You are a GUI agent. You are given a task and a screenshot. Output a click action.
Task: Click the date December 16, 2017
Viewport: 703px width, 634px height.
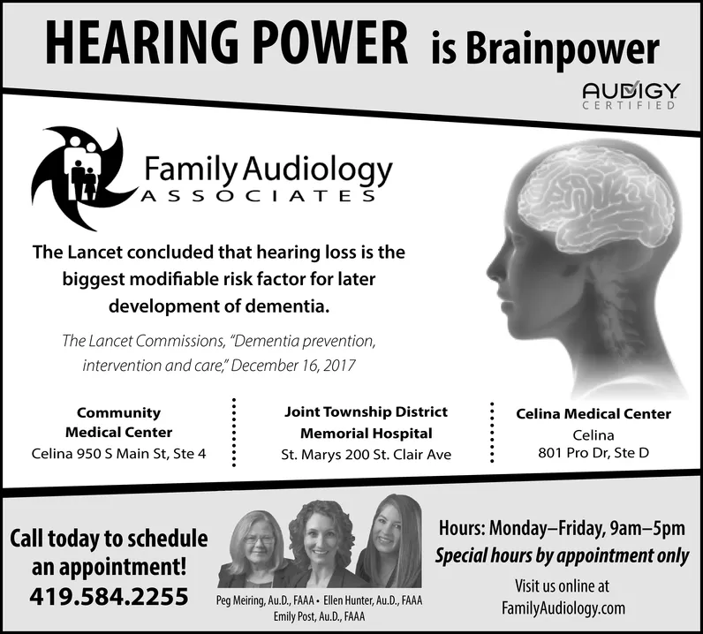(x=291, y=363)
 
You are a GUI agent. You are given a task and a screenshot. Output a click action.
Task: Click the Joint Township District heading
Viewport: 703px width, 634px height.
(x=366, y=411)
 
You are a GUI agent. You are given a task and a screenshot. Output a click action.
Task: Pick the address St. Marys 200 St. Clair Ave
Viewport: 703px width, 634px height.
(x=366, y=454)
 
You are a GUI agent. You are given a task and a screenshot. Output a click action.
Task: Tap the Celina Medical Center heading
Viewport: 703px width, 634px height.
(x=593, y=413)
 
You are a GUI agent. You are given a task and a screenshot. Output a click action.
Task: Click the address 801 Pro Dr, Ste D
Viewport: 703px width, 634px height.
(x=593, y=453)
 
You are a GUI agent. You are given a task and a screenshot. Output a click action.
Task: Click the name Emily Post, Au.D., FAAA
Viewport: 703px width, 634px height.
(x=319, y=615)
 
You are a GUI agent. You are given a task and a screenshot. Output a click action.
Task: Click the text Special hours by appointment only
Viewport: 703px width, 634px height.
(x=561, y=557)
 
